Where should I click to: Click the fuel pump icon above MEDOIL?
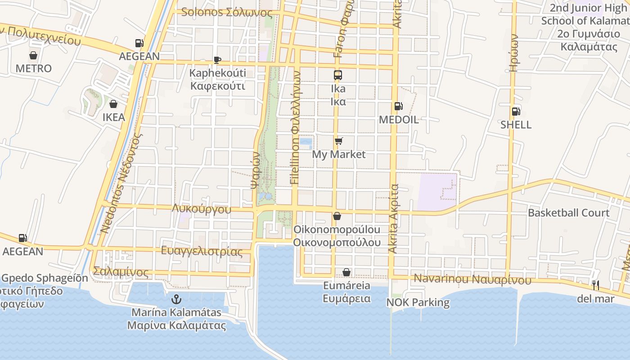click(x=398, y=107)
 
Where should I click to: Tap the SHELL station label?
click(x=516, y=125)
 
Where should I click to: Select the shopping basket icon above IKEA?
click(x=113, y=104)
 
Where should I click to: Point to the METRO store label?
click(x=33, y=68)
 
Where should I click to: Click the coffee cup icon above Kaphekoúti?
click(x=217, y=60)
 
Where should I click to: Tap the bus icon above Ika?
click(x=338, y=75)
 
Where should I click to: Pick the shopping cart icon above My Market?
click(x=339, y=141)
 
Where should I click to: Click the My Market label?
click(x=339, y=154)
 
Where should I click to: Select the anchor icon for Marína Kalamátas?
click(x=176, y=299)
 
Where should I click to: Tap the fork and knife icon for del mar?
click(x=596, y=285)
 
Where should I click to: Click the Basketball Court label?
click(x=568, y=213)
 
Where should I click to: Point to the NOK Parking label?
click(x=418, y=302)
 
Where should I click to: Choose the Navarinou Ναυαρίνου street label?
click(x=472, y=279)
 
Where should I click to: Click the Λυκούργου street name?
click(x=202, y=209)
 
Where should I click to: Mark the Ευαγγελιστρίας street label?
click(x=202, y=251)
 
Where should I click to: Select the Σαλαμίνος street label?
click(x=120, y=272)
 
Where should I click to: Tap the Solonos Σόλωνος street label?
click(x=227, y=12)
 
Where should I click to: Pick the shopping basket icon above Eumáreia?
click(x=346, y=272)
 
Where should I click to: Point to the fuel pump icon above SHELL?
click(x=516, y=112)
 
